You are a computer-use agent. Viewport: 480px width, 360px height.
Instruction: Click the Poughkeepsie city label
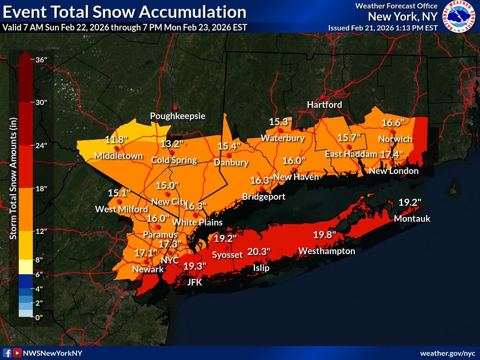[178, 116]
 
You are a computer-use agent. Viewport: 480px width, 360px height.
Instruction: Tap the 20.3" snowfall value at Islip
[259, 252]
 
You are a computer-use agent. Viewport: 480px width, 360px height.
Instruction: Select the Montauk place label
[412, 219]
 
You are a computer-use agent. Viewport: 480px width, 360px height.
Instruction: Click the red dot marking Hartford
[322, 97]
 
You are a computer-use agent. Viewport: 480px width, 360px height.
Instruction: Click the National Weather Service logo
[459, 16]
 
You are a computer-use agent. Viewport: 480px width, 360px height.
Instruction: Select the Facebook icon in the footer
[7, 353]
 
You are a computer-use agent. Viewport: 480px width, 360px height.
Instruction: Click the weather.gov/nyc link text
[447, 353]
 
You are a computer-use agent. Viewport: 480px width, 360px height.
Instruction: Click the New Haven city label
[296, 177]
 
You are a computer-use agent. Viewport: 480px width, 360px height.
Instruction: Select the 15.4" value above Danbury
[229, 146]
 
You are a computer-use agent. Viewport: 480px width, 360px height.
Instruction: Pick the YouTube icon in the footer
[17, 353]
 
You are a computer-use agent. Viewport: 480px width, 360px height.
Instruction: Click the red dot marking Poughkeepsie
[175, 107]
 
